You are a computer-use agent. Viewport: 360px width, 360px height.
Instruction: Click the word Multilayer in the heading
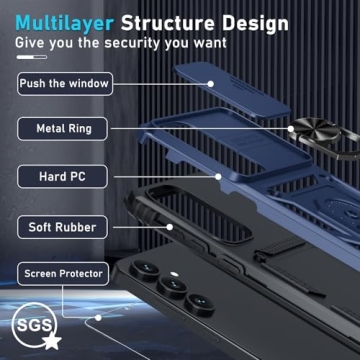pyautogui.click(x=65, y=23)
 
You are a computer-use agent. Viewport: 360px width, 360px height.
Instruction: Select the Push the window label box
pyautogui.click(x=65, y=84)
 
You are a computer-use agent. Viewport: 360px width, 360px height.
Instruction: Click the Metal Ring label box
pyautogui.click(x=63, y=129)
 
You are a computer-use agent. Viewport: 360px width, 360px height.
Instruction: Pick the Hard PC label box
pyautogui.click(x=63, y=177)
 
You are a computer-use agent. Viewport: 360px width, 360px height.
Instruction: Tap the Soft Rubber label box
pyautogui.click(x=63, y=227)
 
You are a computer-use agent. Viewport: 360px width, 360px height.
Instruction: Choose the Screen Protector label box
pyautogui.click(x=63, y=274)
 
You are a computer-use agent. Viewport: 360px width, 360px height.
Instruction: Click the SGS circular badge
pyautogui.click(x=34, y=325)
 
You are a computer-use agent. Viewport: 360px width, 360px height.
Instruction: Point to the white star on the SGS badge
pyautogui.click(x=52, y=341)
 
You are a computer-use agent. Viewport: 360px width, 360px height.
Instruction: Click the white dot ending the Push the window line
pyautogui.click(x=211, y=84)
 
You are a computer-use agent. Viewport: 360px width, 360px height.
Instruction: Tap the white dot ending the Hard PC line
pyautogui.click(x=218, y=177)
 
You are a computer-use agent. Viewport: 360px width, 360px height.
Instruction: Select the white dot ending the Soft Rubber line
pyautogui.click(x=170, y=227)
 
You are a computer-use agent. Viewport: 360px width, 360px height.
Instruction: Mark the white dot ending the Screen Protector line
pyautogui.click(x=98, y=318)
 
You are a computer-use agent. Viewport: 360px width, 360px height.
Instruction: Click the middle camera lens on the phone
pyautogui.click(x=173, y=287)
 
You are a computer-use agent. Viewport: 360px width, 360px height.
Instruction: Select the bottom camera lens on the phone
pyautogui.click(x=200, y=303)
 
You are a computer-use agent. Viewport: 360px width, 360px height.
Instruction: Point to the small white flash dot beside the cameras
pyautogui.click(x=173, y=274)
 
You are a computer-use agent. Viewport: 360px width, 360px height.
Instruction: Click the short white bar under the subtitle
pyautogui.click(x=32, y=57)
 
